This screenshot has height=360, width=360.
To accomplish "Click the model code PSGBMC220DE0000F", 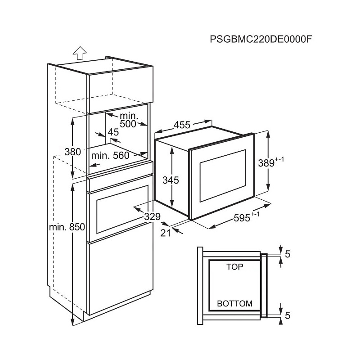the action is [261, 39].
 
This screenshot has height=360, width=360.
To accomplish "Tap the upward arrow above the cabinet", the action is [80, 53].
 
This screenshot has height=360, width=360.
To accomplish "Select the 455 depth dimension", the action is [182, 125].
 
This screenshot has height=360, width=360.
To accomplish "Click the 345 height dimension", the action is [171, 180].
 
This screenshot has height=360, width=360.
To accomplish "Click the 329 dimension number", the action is [153, 216].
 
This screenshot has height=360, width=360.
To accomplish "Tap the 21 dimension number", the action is [166, 233].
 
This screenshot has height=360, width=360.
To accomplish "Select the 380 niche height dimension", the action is [72, 152].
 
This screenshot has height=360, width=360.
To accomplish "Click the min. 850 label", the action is [67, 227].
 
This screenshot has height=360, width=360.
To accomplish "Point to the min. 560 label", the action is [110, 156].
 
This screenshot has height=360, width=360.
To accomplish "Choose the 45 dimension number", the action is [113, 132].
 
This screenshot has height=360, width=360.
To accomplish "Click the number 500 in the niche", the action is [128, 124].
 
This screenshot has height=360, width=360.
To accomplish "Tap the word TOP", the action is [234, 267].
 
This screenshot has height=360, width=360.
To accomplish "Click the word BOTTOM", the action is [234, 303].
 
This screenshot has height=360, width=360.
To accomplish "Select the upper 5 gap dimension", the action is [288, 254].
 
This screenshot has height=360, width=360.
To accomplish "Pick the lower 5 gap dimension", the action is [288, 315].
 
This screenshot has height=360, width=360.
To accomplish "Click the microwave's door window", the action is [223, 176].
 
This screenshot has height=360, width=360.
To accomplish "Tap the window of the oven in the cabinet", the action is [122, 209].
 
